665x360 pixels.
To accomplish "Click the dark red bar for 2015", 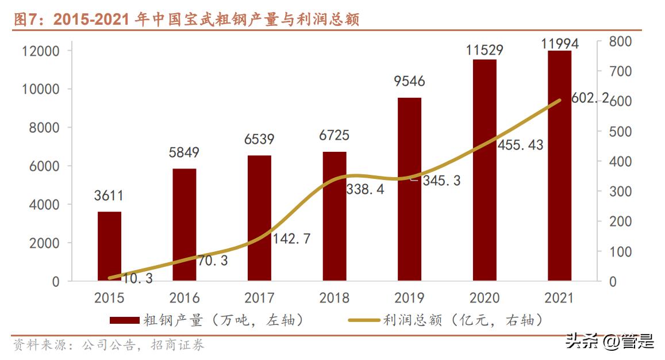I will pos(109,246).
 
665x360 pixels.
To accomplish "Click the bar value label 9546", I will pos(409,81).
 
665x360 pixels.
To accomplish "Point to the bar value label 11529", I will pos(484,50).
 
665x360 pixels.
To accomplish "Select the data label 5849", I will pos(184,153).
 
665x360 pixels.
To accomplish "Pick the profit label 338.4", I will pos(366,188).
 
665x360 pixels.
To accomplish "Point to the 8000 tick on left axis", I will pos(44,128).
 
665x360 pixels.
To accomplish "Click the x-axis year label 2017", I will pos(259,298).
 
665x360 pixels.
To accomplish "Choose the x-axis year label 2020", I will pos(484,298).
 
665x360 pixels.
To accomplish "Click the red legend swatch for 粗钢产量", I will pos(124,320).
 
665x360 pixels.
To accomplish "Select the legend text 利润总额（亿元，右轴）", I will pos(462,320).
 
